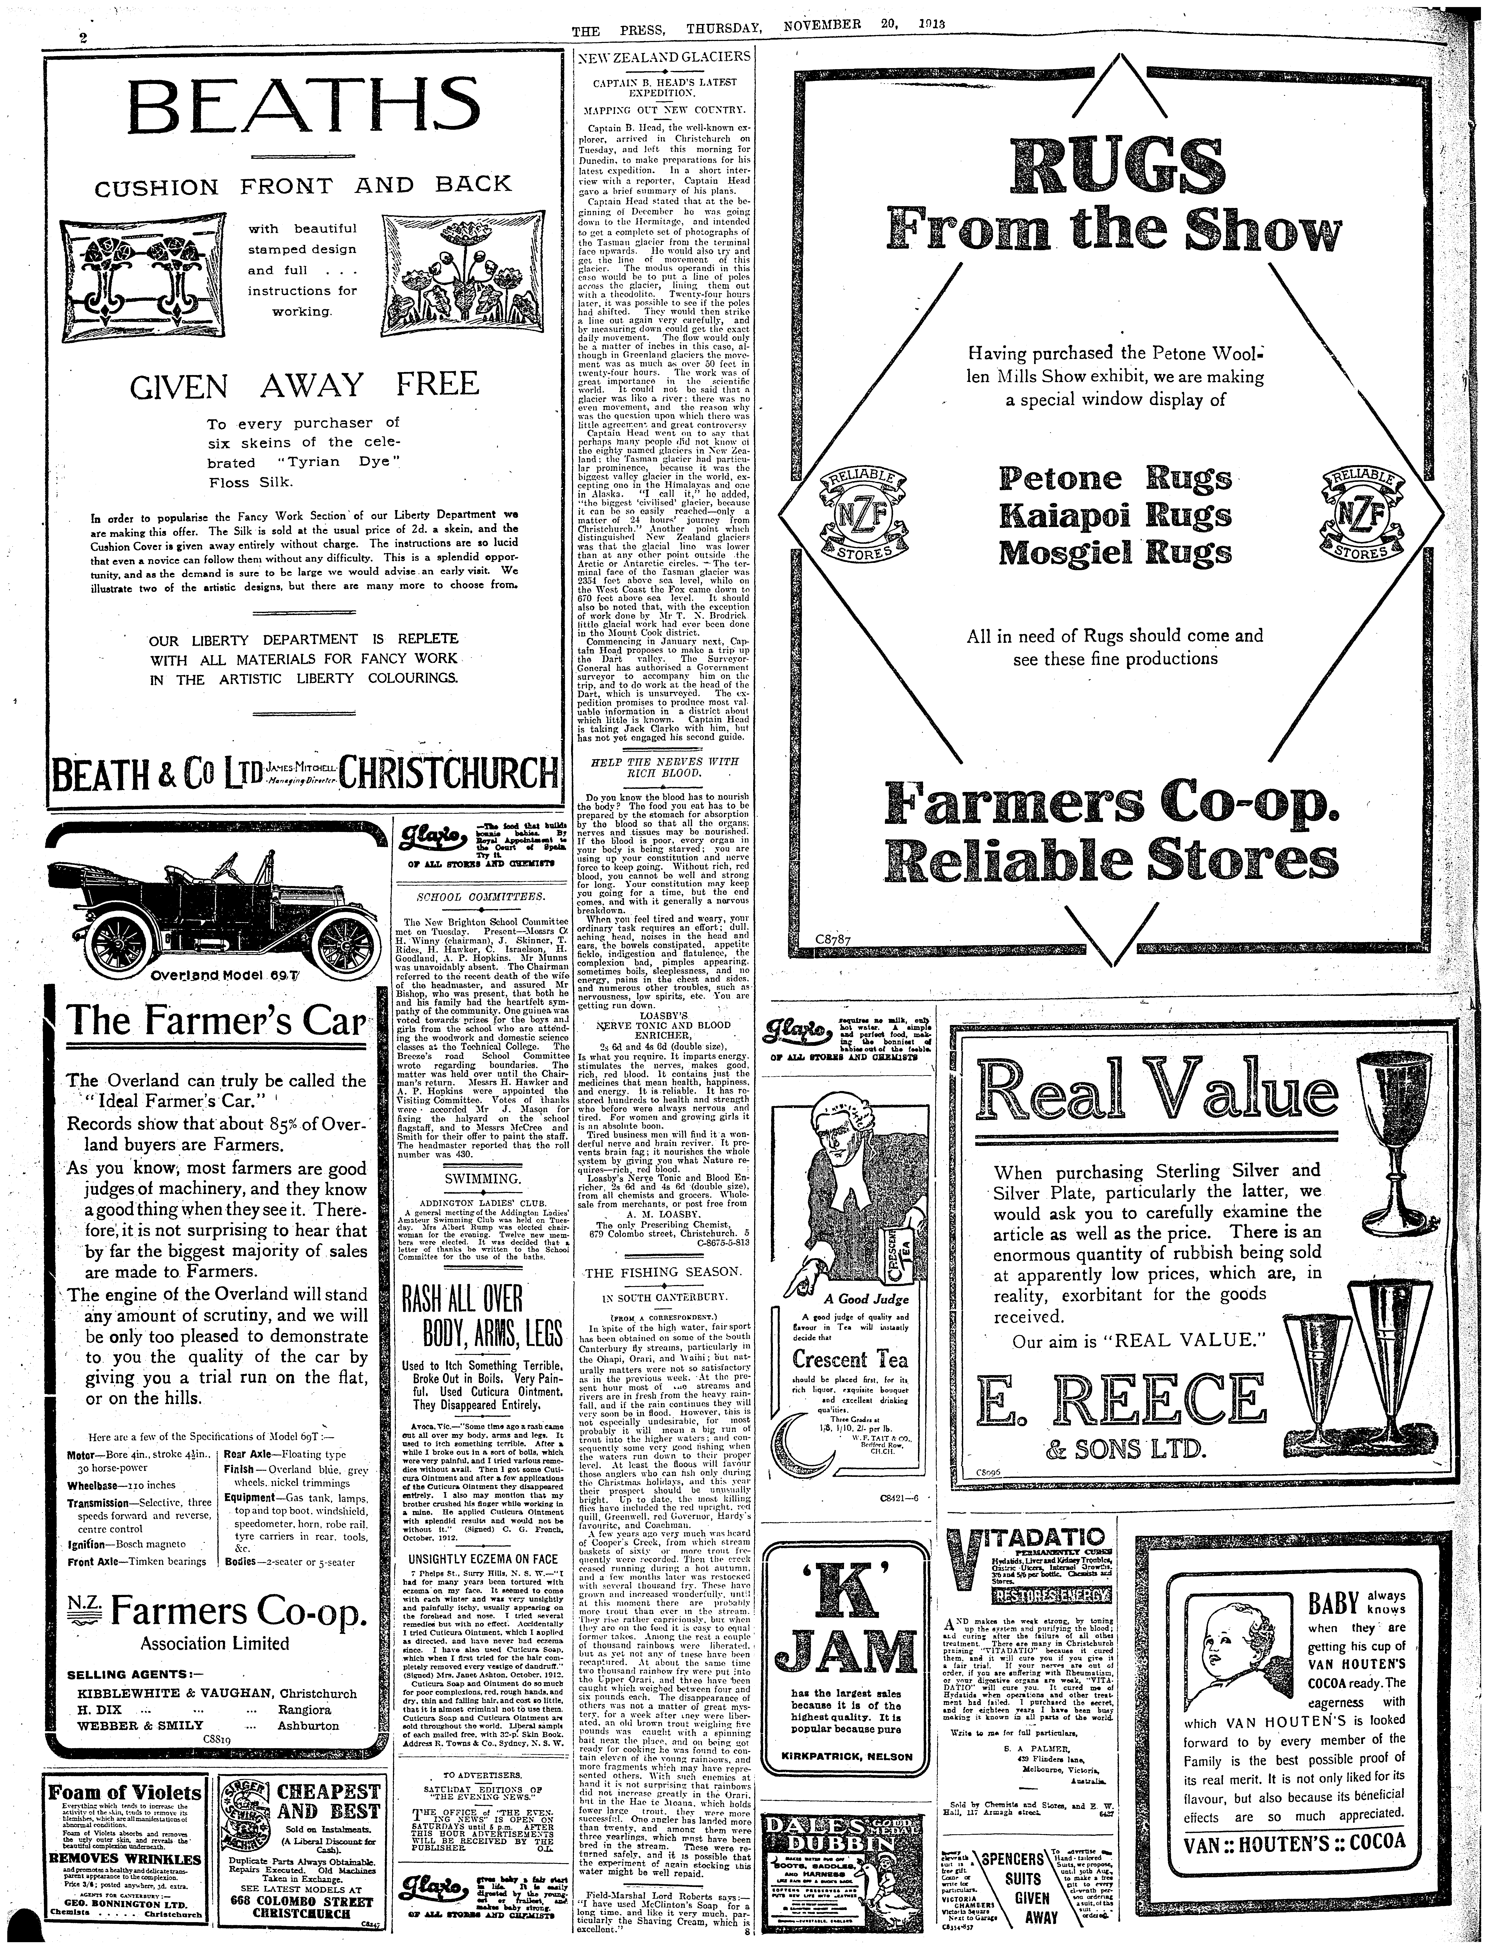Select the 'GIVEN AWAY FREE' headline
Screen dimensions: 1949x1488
[x=304, y=384]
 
